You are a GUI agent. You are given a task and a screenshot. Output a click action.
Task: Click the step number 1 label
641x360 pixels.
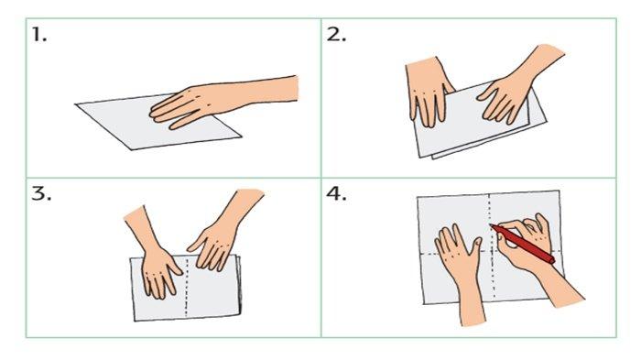39,35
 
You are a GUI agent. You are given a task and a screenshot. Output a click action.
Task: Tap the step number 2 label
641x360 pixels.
336,35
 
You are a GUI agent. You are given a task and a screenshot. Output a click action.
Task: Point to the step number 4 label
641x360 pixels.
336,193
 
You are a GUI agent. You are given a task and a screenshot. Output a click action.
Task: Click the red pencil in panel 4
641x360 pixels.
522,243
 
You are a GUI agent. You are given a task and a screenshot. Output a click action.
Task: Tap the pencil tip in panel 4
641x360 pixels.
491,224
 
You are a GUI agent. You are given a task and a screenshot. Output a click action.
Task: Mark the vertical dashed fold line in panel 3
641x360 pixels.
187,287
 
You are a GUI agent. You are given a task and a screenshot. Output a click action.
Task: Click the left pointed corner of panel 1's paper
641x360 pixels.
76,104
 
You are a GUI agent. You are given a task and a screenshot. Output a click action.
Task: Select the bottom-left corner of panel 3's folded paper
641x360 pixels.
135,321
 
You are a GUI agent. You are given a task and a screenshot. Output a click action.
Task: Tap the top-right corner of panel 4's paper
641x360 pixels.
559,191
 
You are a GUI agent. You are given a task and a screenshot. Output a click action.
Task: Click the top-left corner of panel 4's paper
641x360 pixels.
417,198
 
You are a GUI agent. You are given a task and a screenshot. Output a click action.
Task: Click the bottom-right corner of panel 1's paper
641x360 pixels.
241,136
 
